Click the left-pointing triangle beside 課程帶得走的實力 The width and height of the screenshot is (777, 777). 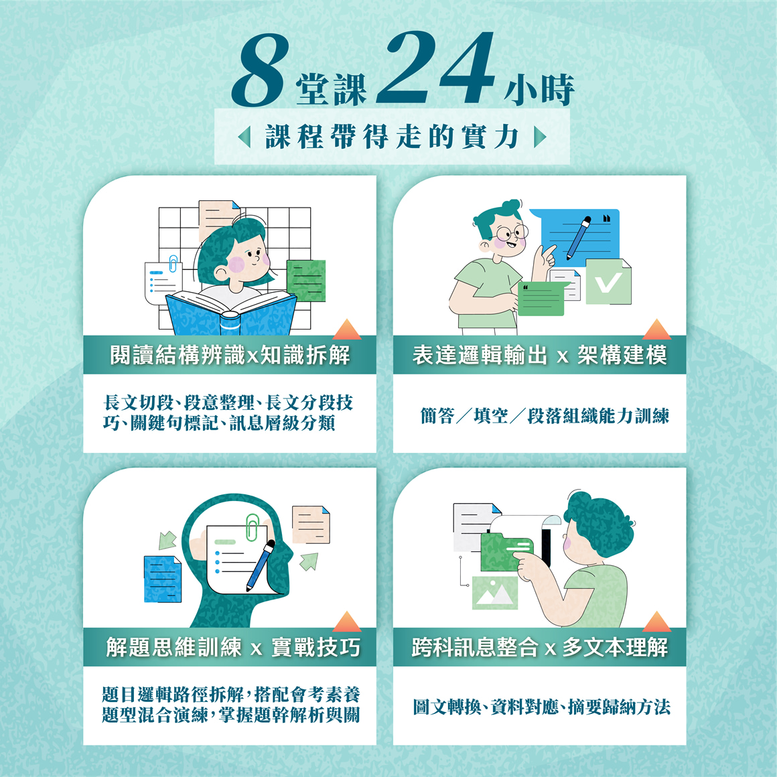click(244, 137)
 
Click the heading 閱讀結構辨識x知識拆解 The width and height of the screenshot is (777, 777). click(230, 355)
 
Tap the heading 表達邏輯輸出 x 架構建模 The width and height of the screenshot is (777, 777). click(539, 355)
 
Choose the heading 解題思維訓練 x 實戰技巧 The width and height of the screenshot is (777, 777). click(232, 647)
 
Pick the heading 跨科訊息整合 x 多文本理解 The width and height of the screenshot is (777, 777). click(539, 647)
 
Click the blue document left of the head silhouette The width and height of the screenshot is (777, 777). click(162, 579)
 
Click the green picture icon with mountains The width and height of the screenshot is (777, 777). click(495, 592)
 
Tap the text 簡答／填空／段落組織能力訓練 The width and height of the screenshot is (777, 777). click(545, 416)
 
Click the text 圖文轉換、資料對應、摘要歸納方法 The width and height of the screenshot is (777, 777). click(541, 707)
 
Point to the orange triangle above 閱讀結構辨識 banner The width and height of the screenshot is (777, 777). click(347, 329)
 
